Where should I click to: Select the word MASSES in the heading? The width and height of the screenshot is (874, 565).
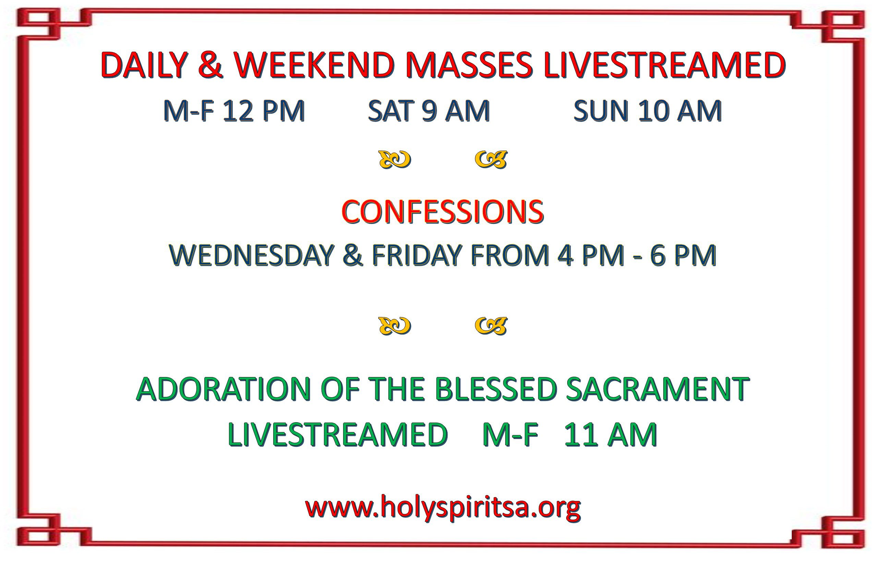(470, 65)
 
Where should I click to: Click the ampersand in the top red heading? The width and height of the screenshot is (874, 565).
(210, 65)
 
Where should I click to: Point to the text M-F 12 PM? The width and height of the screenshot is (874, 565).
(234, 111)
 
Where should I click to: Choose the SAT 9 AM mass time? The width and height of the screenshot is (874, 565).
(429, 111)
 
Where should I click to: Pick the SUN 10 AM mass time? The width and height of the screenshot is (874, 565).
(648, 111)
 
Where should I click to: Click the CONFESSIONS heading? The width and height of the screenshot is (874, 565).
(442, 212)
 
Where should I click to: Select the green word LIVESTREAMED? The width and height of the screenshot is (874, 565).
(338, 435)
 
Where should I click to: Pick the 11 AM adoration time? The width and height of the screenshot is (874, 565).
(610, 435)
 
